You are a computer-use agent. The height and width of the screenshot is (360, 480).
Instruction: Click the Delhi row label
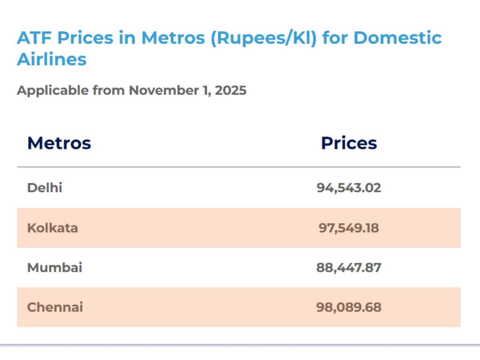[45, 188]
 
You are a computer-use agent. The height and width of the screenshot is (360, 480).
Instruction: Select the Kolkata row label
[52, 228]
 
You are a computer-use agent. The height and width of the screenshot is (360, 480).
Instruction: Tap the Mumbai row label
[55, 267]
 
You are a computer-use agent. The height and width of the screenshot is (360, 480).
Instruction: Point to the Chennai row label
[55, 307]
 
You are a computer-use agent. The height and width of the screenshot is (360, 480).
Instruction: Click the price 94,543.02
[349, 188]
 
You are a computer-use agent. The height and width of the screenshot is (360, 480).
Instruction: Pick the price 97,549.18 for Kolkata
[349, 228]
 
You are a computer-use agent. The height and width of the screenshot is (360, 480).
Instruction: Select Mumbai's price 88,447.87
[349, 268]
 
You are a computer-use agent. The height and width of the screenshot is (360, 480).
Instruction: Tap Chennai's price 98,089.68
[349, 307]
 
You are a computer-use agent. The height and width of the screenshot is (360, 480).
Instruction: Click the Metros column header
[59, 143]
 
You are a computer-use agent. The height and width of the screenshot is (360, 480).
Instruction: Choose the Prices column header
[349, 143]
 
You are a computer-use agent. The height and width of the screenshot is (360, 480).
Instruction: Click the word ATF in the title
[34, 38]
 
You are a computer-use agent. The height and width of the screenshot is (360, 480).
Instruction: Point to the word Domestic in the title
[398, 38]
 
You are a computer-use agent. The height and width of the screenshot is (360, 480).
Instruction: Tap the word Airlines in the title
[52, 59]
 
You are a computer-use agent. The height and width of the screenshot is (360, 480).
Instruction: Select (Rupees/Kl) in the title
[264, 38]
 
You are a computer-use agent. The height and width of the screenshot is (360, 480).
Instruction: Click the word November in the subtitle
[164, 90]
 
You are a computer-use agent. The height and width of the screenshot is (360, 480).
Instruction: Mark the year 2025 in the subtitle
[231, 90]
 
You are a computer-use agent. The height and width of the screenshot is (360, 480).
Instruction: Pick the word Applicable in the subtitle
[53, 90]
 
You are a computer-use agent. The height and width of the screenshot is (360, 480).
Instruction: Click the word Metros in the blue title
[173, 38]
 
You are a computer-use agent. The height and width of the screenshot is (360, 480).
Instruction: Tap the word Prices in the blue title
[85, 38]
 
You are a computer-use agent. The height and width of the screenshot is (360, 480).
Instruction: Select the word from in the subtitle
[109, 90]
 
